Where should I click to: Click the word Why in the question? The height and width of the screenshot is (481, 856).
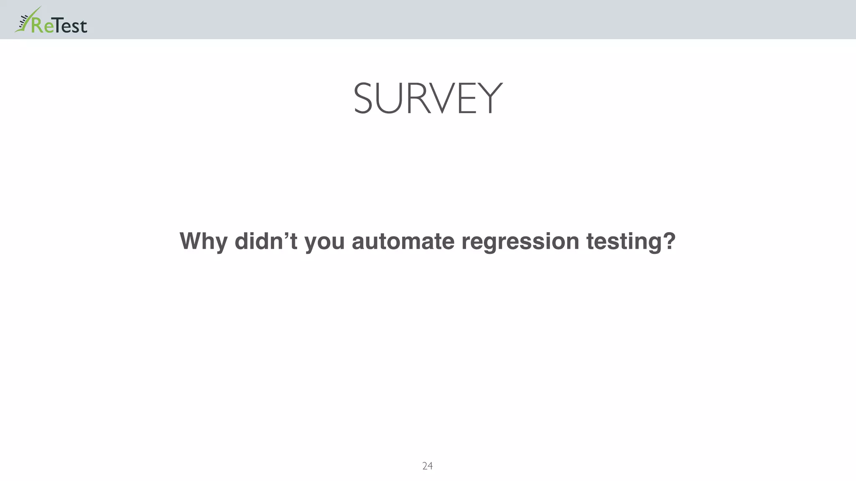point(203,242)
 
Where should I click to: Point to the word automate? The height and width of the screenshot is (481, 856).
point(403,241)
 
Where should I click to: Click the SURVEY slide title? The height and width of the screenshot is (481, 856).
point(428,99)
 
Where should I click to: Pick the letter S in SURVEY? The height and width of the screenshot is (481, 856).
point(363,99)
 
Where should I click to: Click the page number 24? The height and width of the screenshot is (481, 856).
point(428,466)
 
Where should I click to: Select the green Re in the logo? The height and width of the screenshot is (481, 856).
point(43,26)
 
